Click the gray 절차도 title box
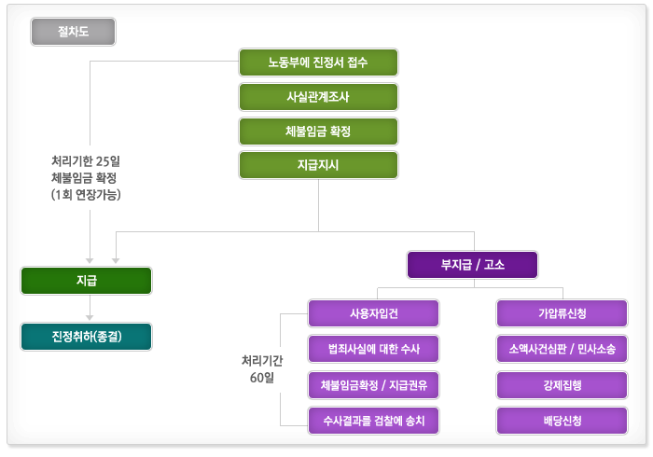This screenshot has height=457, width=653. click(x=73, y=32)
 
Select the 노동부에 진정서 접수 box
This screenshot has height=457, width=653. click(x=318, y=62)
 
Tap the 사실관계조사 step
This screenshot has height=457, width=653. click(x=318, y=97)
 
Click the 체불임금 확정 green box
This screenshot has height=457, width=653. click(x=318, y=131)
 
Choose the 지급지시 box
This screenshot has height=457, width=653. click(x=318, y=165)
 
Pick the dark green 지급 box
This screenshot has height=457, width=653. click(x=86, y=281)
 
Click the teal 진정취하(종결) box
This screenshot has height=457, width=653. click(x=86, y=336)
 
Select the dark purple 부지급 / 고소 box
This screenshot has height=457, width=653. click(x=472, y=265)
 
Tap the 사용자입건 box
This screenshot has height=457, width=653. click(x=373, y=312)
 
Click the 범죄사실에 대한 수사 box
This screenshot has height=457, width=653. click(x=373, y=350)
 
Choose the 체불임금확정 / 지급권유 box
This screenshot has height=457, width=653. click(x=373, y=384)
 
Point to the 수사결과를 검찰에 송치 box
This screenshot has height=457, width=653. click(x=373, y=420)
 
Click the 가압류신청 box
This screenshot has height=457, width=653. click(x=562, y=312)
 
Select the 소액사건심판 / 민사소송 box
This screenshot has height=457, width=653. click(x=562, y=350)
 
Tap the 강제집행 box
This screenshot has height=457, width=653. click(x=562, y=384)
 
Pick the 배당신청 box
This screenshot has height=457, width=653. click(x=562, y=420)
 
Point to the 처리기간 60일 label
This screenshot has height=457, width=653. click(x=261, y=367)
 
